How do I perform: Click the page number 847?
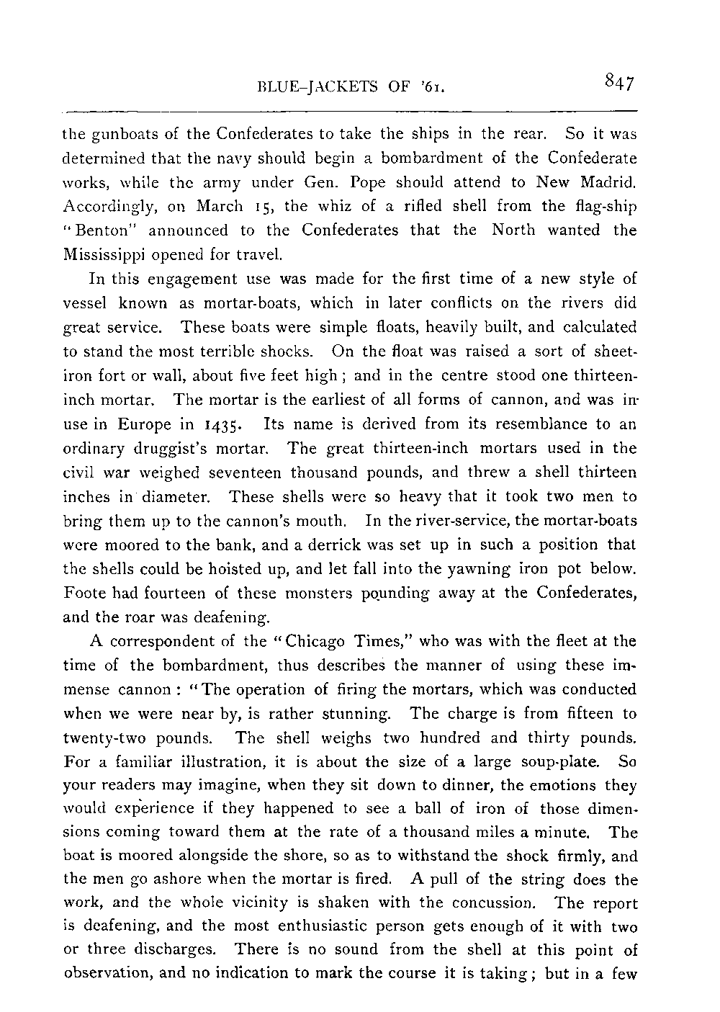pos(619,84)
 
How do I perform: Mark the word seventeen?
pos(238,473)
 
